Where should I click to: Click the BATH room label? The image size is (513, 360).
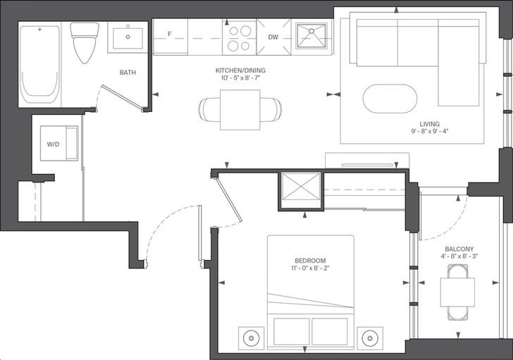128,73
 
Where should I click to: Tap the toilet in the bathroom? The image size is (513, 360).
85,43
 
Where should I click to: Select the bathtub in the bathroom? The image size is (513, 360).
40,65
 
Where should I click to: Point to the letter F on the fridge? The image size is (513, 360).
169,34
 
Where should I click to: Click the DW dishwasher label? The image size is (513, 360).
273,37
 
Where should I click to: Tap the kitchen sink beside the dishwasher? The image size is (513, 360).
311,36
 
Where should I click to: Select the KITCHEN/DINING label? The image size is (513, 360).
240,70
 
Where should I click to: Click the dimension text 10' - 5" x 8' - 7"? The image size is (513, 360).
240,78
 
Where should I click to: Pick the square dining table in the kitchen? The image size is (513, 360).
240,110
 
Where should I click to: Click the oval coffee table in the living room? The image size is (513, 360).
390,99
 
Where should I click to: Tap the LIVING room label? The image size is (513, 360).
430,124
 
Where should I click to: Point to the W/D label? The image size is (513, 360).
53,144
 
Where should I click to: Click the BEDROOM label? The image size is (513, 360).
310,261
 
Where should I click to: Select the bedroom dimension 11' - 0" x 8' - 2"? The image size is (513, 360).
310,268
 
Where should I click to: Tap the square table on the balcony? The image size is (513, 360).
457,292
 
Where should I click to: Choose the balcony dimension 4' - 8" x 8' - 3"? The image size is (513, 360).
459,256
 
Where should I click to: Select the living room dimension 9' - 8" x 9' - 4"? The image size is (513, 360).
430,132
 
